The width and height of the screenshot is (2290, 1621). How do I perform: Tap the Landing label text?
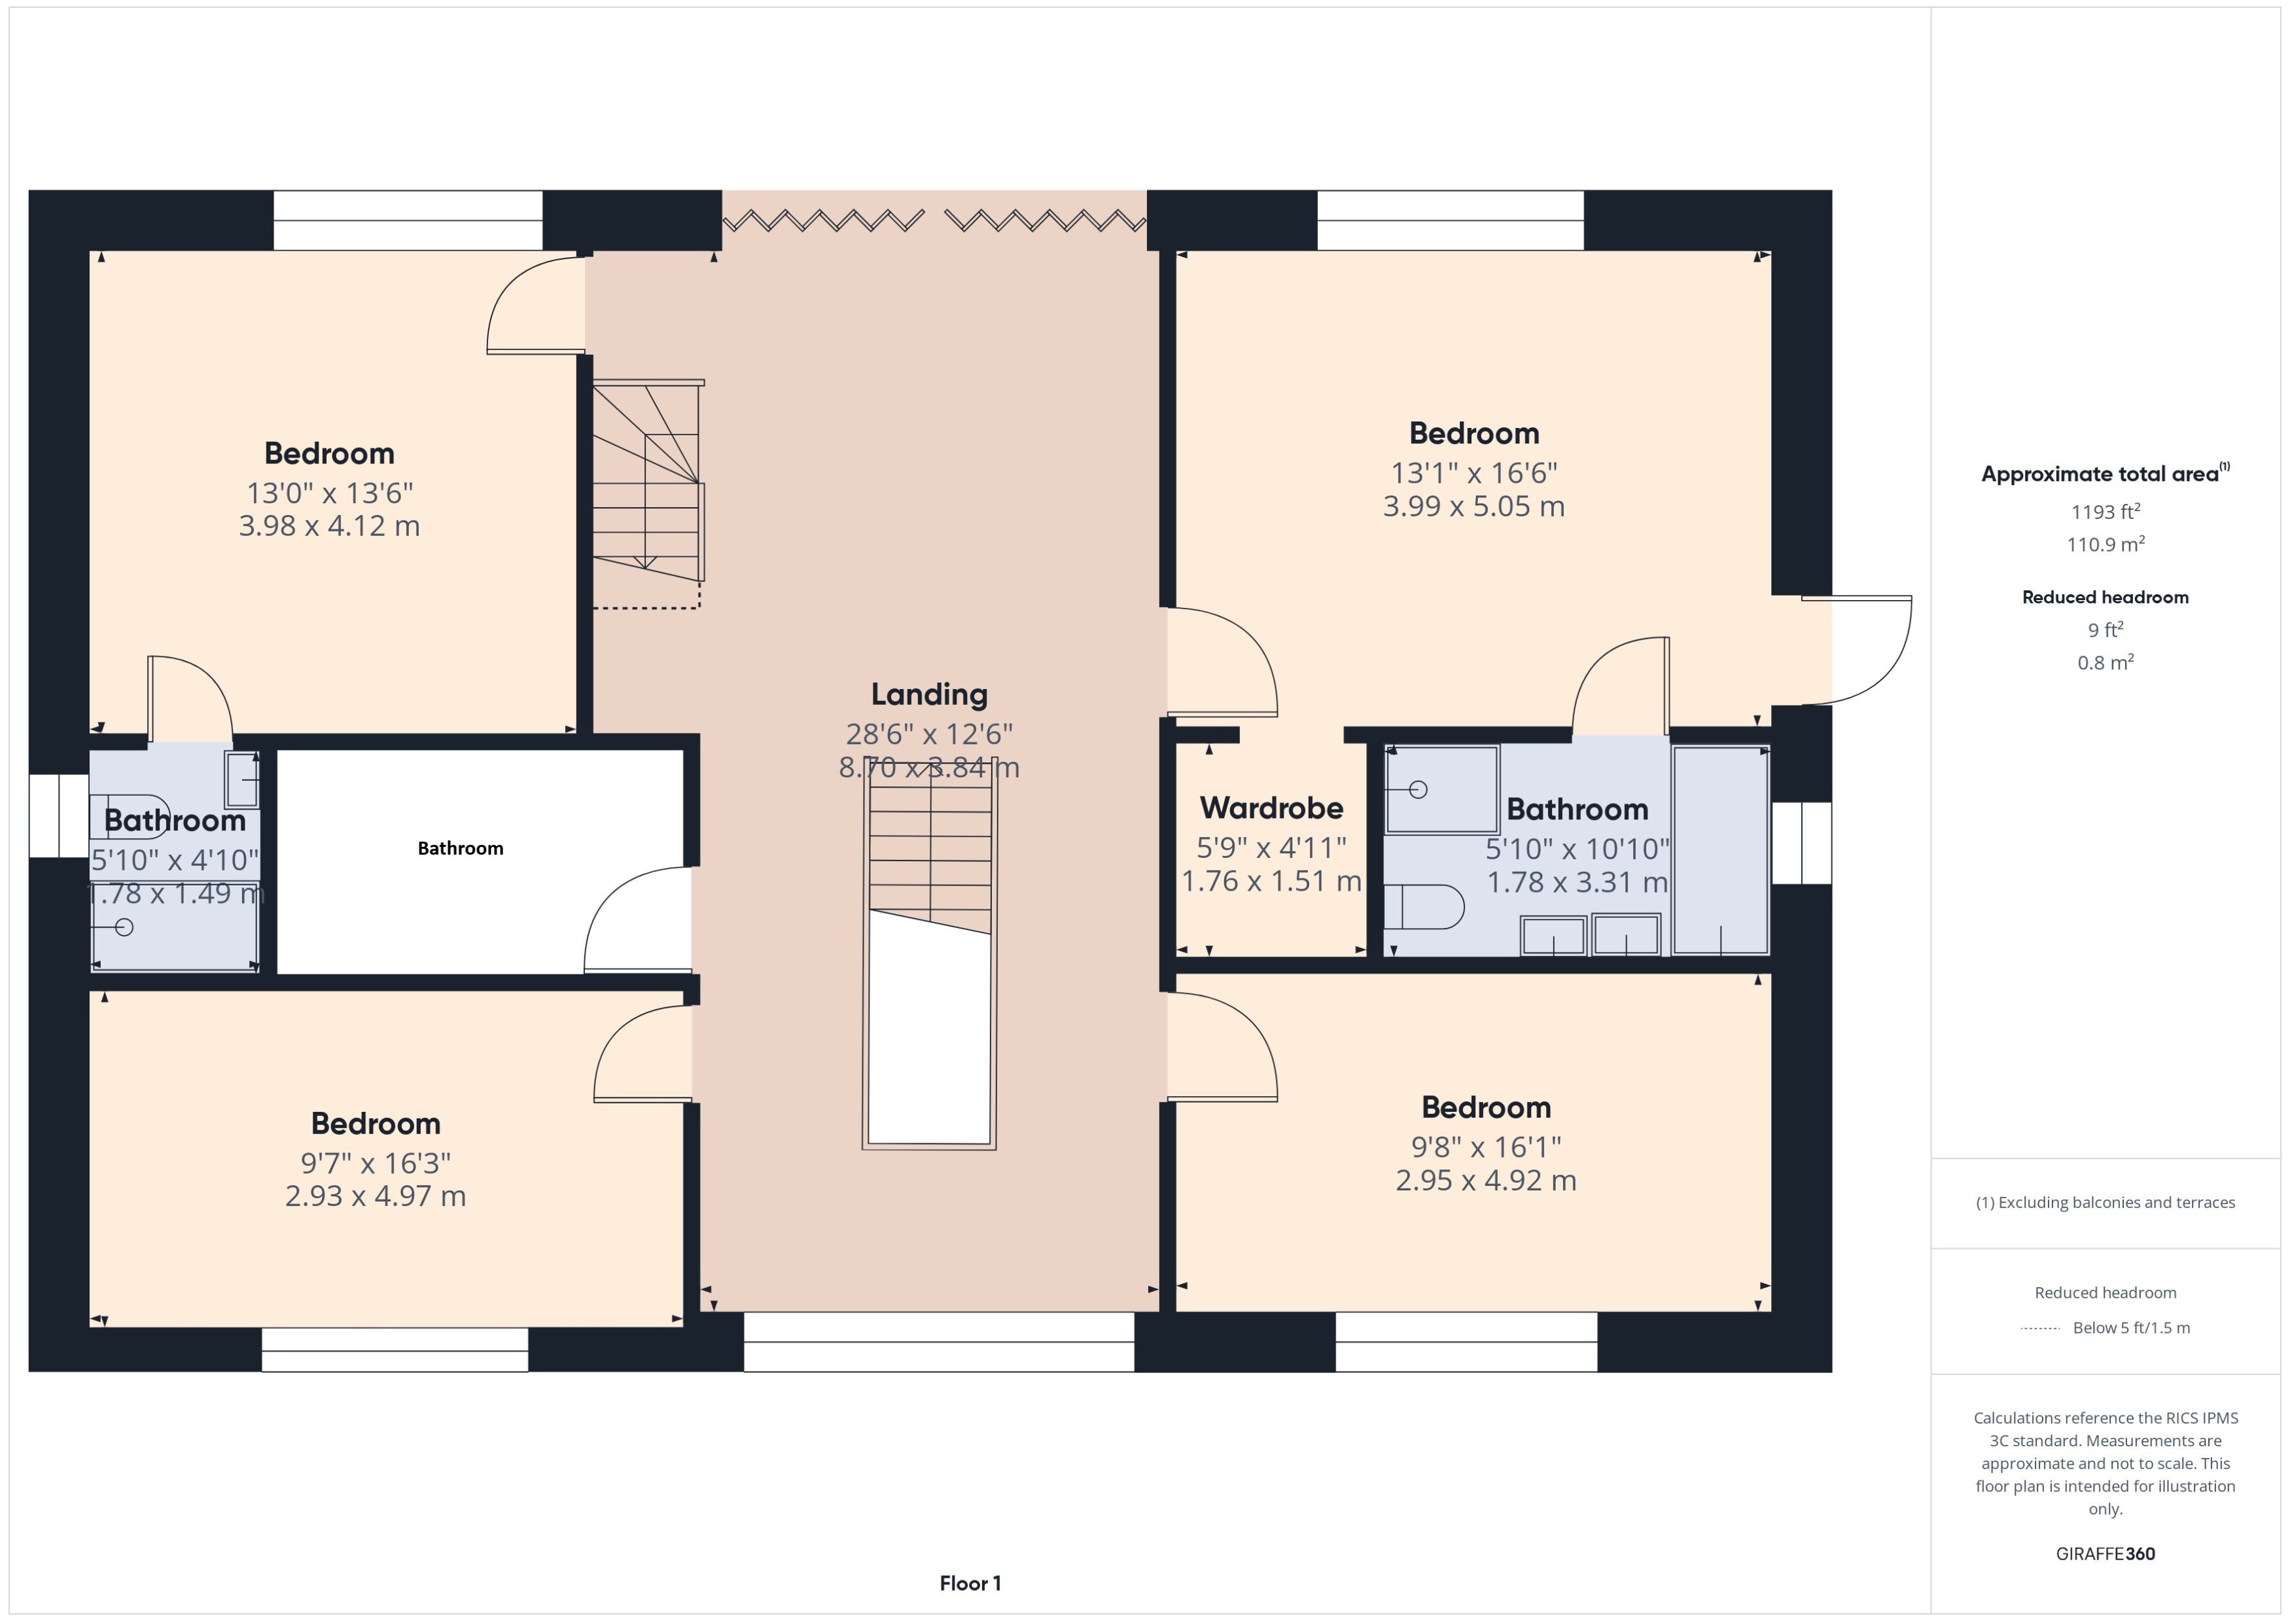pos(929,695)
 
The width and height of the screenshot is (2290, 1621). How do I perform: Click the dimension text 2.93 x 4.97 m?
pos(375,1196)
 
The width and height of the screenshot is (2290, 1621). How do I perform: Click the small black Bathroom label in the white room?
pos(460,848)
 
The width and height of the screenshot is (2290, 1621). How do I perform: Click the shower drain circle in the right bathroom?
pos(1418,789)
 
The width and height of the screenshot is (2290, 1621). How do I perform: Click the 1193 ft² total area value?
pos(2104,512)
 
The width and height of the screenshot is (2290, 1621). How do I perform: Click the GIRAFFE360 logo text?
pos(2104,1554)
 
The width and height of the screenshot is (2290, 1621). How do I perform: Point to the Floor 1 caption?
pos(969,1583)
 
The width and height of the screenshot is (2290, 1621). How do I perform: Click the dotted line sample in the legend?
pos(2039,1328)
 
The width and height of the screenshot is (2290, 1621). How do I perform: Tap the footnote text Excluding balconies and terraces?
pos(2104,1203)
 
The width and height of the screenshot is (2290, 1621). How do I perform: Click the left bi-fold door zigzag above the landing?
pos(822,220)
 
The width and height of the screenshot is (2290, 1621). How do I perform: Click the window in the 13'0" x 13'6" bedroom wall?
pos(408,221)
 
